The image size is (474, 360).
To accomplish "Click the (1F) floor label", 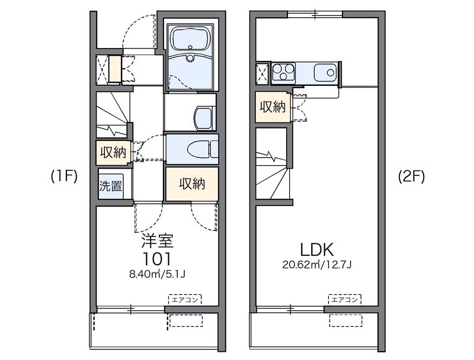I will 63,176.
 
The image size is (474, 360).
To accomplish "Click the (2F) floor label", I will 411,176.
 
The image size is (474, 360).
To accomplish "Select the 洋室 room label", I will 158,242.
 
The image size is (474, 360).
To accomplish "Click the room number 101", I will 157,259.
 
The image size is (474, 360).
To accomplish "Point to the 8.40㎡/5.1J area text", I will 158,274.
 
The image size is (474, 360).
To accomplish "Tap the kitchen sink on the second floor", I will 325,73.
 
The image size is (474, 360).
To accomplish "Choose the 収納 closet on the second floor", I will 273,107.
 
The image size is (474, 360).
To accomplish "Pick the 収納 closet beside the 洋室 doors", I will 192,184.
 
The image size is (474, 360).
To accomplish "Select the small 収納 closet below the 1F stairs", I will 113,152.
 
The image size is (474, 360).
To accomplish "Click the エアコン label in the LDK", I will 344,300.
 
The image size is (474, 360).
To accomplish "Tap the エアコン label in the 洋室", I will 185,300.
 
